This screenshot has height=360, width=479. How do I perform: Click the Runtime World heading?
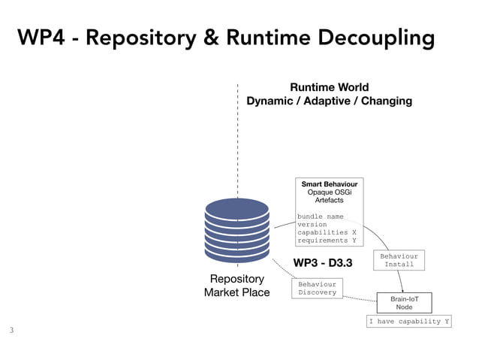329,87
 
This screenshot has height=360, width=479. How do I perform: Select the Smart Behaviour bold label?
329,184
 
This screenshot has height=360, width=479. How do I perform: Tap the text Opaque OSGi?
329,192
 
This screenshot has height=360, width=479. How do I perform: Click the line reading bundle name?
320,216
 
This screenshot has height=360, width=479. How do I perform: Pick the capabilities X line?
327,232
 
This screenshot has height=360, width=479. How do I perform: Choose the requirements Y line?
327,241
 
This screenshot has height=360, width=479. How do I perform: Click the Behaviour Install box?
399,260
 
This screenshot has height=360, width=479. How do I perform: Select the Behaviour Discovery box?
317,289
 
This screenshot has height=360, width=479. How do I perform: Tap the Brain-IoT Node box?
404,303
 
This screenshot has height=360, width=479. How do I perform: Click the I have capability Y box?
408,322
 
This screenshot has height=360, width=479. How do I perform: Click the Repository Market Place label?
236,286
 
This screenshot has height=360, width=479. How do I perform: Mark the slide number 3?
11,329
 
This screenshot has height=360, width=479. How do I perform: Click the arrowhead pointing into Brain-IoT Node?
403,290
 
